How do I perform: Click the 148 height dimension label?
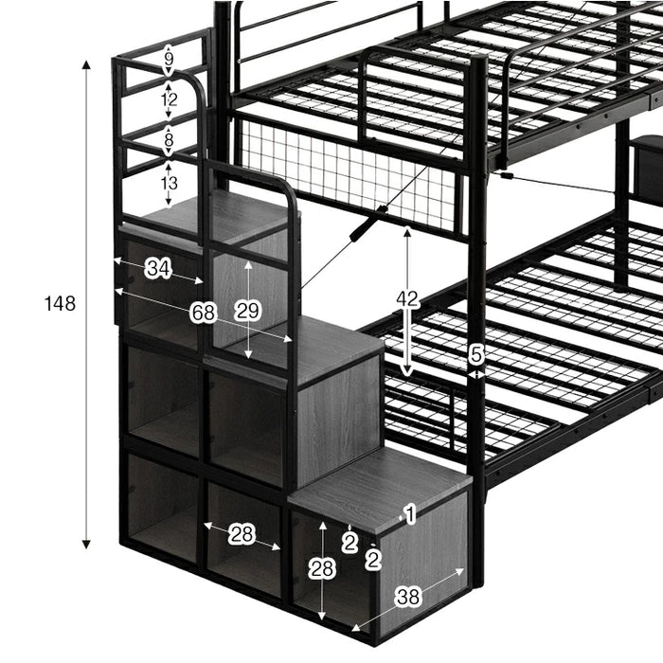tap(60, 304)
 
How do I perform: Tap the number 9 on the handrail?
tap(169, 59)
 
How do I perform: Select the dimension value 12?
tap(169, 99)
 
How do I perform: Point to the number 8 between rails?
tap(169, 139)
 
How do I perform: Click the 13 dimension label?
tap(169, 184)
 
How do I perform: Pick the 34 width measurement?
tap(158, 268)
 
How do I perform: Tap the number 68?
tap(204, 313)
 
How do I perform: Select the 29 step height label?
tap(248, 312)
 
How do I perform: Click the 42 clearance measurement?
tap(407, 299)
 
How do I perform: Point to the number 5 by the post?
tap(476, 354)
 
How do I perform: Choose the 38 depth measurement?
tap(408, 597)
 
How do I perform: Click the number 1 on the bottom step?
tap(410, 514)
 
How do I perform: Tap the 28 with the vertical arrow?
tap(322, 569)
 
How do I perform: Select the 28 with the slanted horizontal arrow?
tap(242, 535)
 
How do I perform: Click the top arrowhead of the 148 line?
tap(86, 64)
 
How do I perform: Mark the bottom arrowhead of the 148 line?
tap(86, 545)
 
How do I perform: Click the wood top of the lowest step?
tap(380, 490)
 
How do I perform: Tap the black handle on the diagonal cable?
tap(366, 224)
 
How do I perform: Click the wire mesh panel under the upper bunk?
tap(348, 174)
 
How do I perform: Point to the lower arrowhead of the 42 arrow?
tap(406, 371)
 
